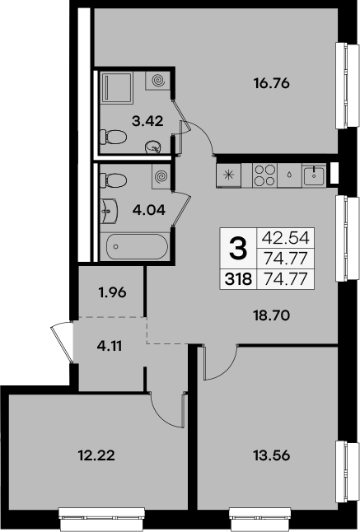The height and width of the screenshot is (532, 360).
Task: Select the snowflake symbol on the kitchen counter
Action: click(228, 175)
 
